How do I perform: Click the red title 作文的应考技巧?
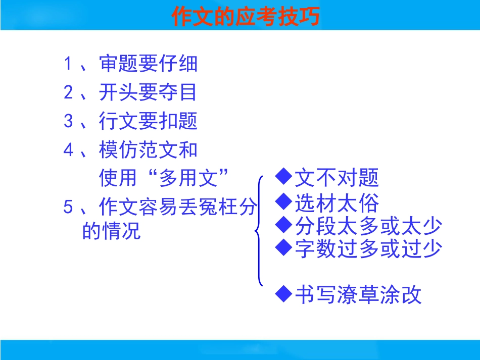(246, 16)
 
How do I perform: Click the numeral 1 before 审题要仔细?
(68, 64)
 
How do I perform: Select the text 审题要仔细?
(148, 64)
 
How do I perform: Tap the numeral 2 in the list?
(68, 92)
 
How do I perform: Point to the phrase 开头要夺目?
(148, 92)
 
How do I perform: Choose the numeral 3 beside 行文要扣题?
(68, 121)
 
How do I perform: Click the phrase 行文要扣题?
(148, 121)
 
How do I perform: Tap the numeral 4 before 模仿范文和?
(68, 150)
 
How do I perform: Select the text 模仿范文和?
(148, 150)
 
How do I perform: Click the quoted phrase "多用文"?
(188, 177)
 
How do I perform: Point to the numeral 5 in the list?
(68, 207)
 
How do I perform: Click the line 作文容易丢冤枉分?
(178, 207)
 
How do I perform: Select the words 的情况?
(112, 230)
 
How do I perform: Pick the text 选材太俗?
(337, 203)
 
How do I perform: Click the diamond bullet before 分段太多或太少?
(283, 225)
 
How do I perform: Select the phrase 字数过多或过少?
(368, 248)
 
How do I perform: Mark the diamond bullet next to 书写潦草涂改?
(283, 294)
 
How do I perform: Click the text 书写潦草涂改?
(358, 295)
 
